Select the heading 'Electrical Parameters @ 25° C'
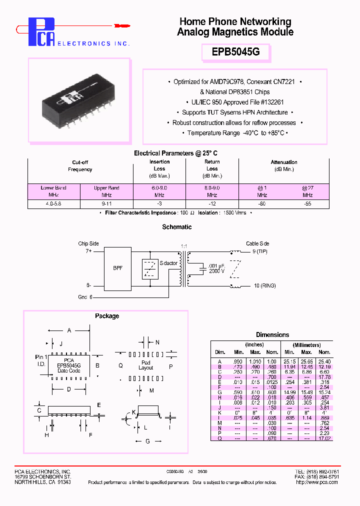tap(176, 153)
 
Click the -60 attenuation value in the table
tap(262, 204)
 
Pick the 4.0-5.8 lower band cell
tap(53, 204)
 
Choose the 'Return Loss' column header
tap(212, 165)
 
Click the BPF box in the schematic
tap(118, 268)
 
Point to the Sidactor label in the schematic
tap(168, 263)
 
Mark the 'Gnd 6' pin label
tap(84, 296)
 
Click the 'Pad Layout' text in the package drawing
tap(146, 365)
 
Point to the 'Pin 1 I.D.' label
tap(41, 360)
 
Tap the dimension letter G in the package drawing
tap(147, 441)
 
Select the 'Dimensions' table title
tap(272, 335)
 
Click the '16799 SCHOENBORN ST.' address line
tap(42, 477)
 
